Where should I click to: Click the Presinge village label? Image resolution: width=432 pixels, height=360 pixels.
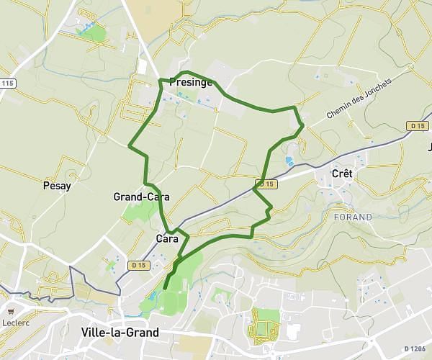pos(190,82)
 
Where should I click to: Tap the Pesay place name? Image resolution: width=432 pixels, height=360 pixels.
pos(57,186)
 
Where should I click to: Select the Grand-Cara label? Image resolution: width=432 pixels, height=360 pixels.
pos(141,197)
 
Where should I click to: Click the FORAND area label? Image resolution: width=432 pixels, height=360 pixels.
pos(353,217)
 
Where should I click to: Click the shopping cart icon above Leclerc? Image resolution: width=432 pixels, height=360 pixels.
pos(11,311)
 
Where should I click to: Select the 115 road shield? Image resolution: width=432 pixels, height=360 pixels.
pos(7,84)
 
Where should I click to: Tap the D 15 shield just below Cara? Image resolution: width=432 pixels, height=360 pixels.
pos(138,266)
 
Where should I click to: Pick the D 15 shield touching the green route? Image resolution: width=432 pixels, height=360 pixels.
pos(266,184)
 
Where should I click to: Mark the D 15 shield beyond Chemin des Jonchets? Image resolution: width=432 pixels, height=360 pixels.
pos(418,126)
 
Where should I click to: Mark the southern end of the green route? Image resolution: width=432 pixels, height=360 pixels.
pos(165,288)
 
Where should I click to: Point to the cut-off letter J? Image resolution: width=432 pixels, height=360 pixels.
pos(430,148)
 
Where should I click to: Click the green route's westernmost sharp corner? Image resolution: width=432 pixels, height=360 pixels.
pos(130,146)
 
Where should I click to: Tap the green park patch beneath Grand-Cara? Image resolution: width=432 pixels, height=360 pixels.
pos(140,210)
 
